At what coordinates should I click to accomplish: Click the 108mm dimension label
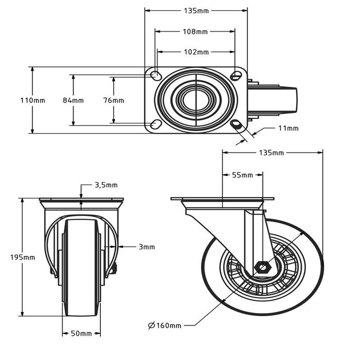pos(195,31)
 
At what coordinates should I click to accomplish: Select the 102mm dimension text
pos(196,52)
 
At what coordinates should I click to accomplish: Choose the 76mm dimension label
pos(114,100)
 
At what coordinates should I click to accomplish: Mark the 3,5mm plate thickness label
pos(106,185)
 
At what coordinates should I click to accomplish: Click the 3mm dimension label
pos(147,247)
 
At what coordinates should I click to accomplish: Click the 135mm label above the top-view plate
pos(196,10)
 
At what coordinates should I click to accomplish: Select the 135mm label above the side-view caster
pos(272,153)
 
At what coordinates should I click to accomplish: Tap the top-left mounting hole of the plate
pos(154,76)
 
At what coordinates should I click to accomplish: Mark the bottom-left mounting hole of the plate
pos(154,124)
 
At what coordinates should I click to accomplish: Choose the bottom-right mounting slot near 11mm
pos(237,124)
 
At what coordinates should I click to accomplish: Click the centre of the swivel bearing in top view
pos(195,100)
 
